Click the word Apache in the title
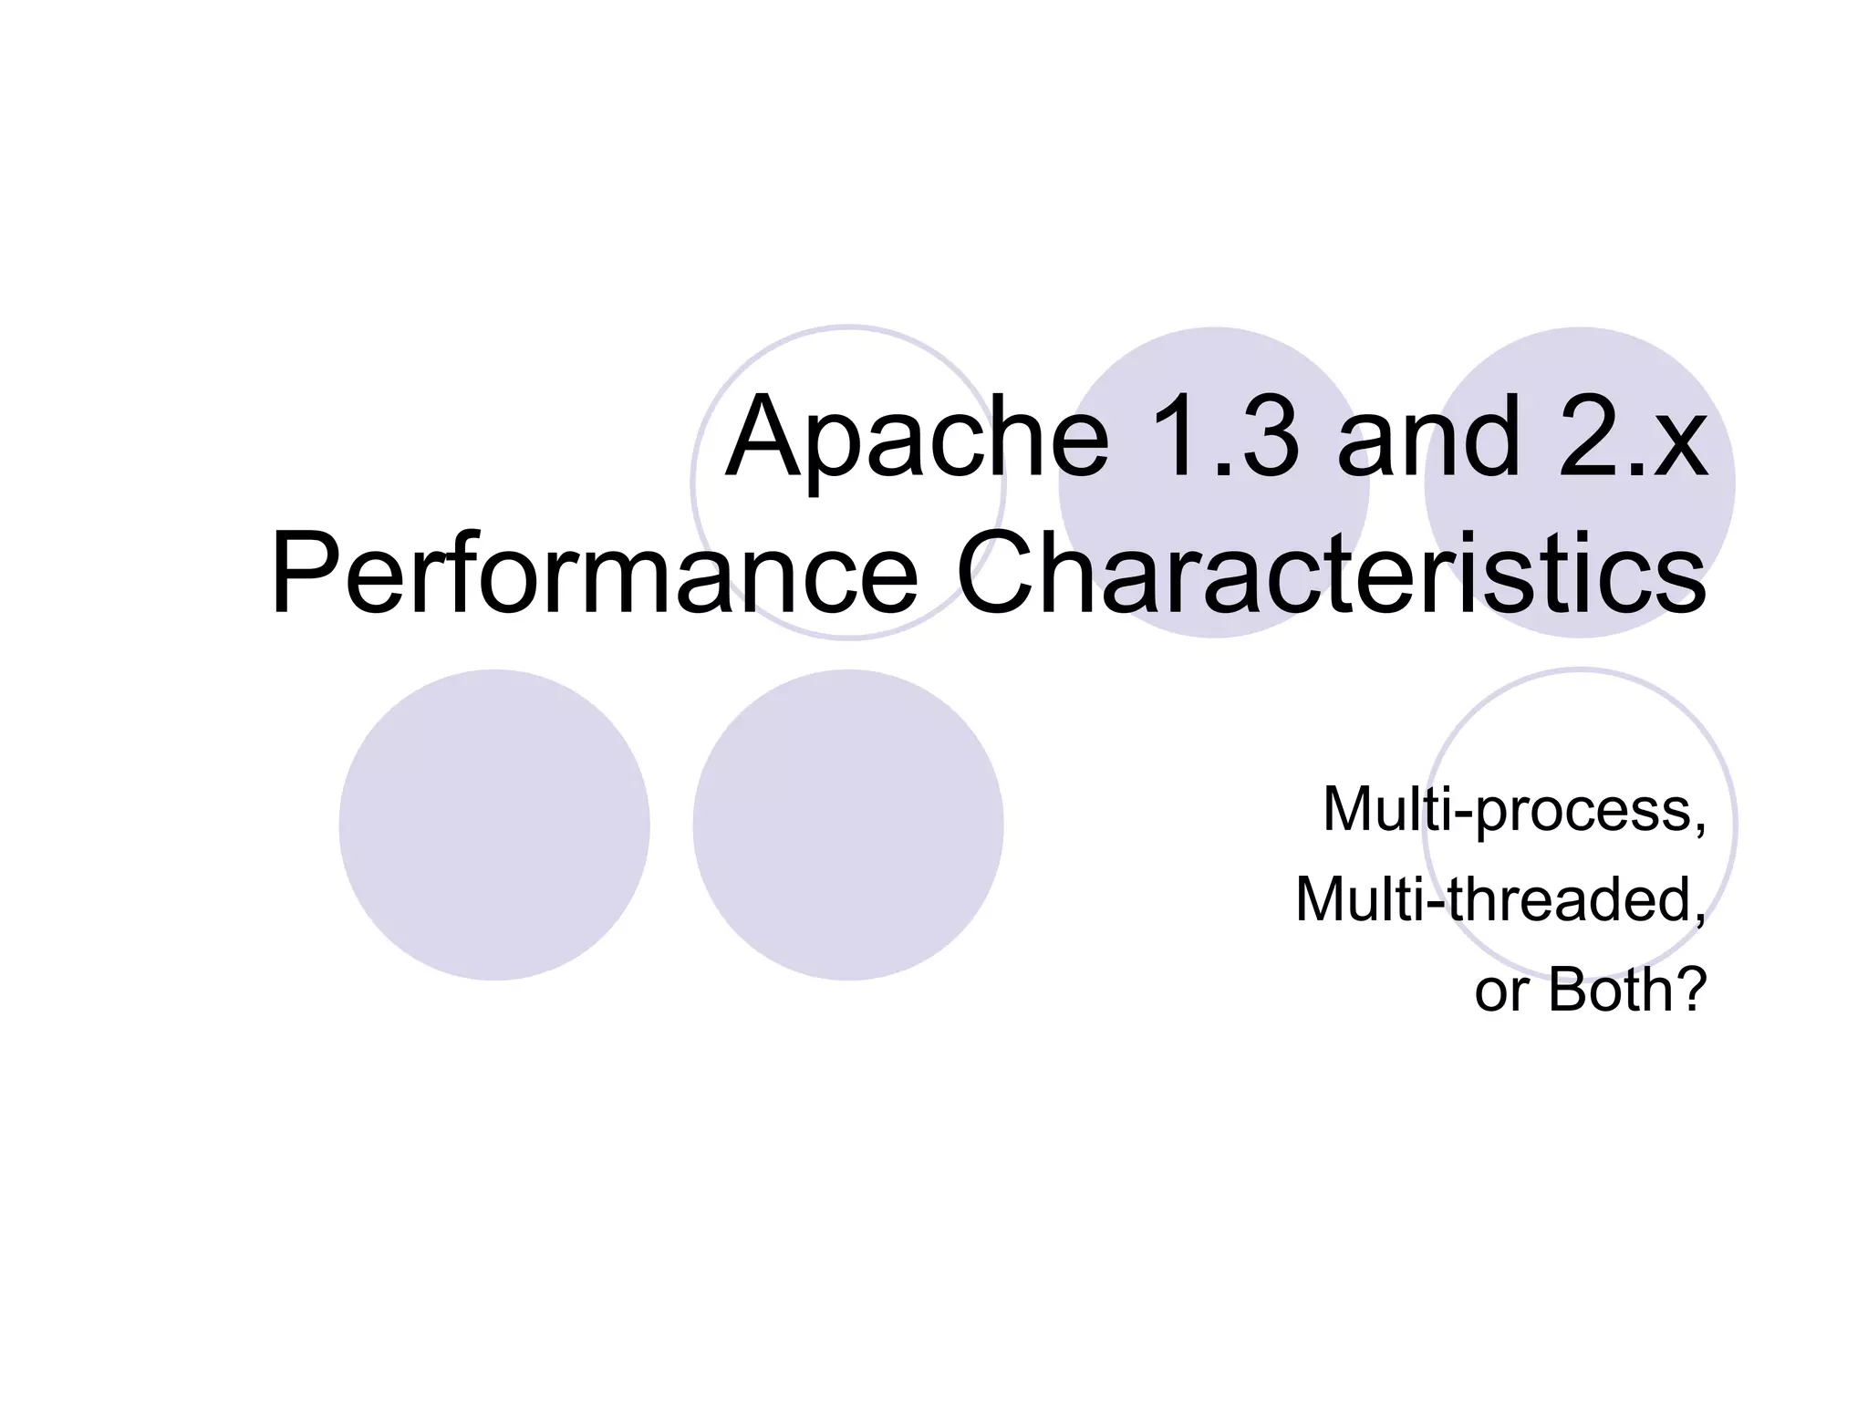(x=917, y=438)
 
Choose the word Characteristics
(x=1331, y=575)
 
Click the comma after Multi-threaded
(x=1698, y=917)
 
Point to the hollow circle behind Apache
(x=848, y=365)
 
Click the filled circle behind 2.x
(x=1580, y=374)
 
